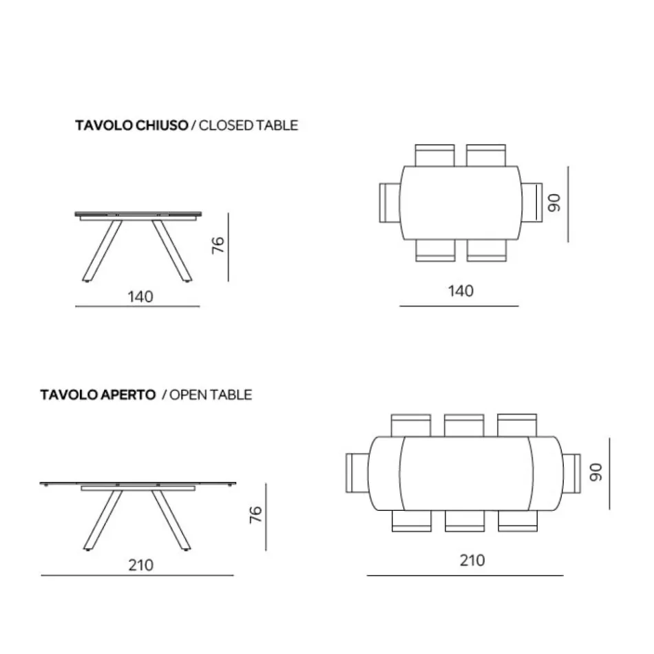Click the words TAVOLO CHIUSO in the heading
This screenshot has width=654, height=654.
pos(131,125)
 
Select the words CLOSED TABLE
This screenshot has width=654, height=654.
pos(248,125)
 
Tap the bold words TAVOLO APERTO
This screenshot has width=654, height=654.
pos(97,394)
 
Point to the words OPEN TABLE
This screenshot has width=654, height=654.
pos(211,394)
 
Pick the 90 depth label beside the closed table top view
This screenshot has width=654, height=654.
pos(556,202)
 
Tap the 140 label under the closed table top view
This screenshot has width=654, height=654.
pos(461,291)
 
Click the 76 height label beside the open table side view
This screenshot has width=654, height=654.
pos(255,514)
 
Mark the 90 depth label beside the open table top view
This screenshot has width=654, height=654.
pos(595,472)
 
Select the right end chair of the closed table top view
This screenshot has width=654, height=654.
pos(533,202)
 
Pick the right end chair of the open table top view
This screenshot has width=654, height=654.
pos(572,472)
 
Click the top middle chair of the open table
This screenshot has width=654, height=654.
pos(464,424)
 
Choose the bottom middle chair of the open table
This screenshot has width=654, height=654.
pos(464,521)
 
